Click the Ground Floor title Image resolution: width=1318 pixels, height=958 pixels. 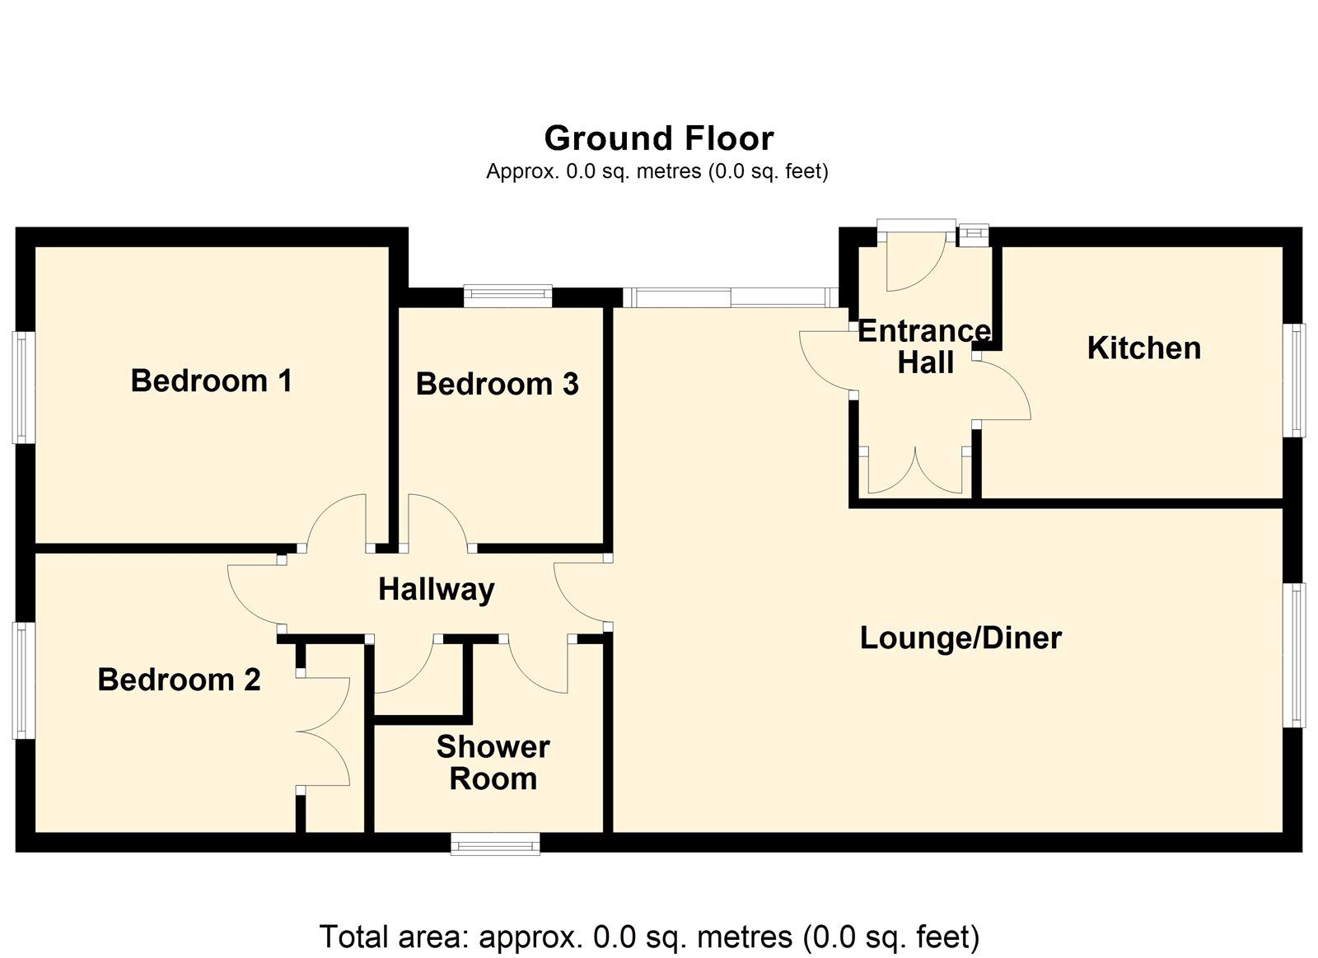pos(658,138)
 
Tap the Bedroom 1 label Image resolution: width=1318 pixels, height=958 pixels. pos(211,381)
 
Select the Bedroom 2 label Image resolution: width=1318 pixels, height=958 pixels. pos(179,680)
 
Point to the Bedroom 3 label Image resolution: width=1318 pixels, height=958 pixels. pos(497,384)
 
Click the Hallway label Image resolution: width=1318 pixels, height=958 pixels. pos(436,589)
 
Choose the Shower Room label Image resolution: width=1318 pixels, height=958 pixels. pos(493,762)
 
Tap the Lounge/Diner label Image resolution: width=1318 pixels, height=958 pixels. pos(960,638)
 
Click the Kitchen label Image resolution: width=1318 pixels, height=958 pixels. pos(1143,348)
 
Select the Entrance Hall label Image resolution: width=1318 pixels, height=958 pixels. pos(924,346)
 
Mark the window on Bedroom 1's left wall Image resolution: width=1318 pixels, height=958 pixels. pos(24,387)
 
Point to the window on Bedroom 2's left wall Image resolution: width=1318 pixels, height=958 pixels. pos(24,680)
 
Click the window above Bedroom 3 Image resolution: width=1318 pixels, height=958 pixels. pos(507,295)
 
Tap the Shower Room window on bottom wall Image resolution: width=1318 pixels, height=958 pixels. pos(495,843)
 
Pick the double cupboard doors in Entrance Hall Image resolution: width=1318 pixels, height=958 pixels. pos(914,474)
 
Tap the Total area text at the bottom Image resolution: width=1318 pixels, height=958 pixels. pos(649,937)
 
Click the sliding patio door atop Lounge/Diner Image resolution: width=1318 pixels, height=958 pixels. pos(730,297)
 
